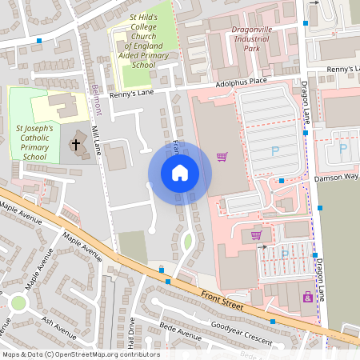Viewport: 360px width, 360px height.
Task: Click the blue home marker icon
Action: point(180,172)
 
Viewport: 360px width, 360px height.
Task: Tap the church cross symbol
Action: point(77,145)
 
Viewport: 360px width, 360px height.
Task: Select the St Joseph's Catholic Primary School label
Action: point(35,142)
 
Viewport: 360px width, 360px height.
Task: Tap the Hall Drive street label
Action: point(130,331)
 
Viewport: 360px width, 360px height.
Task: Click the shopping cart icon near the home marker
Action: point(222,157)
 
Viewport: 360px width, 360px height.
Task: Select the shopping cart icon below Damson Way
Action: point(256,235)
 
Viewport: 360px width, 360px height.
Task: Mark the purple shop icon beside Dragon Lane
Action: point(307,298)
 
